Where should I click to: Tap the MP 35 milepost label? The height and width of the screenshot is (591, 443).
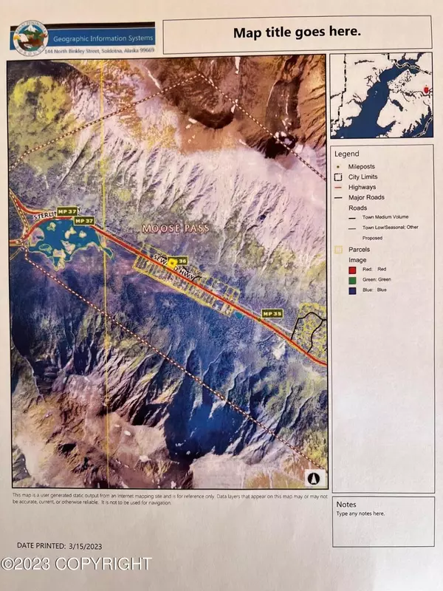click(x=272, y=313)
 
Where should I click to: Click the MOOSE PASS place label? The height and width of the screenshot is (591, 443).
click(x=176, y=229)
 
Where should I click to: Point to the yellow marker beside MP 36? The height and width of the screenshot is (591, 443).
click(x=173, y=262)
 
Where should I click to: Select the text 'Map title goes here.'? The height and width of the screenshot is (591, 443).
click(x=297, y=32)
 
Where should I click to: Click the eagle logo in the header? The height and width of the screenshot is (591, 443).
click(x=29, y=35)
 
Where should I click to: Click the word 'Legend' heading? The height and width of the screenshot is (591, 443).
click(x=346, y=154)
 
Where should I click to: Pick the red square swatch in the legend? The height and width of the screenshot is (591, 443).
click(x=340, y=271)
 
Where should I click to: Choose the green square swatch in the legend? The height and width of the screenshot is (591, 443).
click(x=340, y=280)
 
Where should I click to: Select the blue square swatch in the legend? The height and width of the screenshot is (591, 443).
click(x=340, y=290)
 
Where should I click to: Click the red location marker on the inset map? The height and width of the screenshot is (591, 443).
click(x=427, y=89)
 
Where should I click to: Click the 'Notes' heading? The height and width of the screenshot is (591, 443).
click(x=346, y=505)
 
